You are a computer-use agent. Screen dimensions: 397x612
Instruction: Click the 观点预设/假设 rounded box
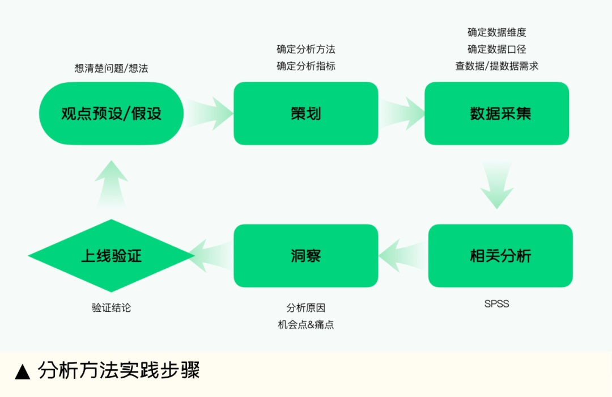click(111, 113)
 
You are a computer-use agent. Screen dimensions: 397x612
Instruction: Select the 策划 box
click(305, 113)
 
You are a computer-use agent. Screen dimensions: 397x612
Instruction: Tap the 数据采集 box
click(496, 113)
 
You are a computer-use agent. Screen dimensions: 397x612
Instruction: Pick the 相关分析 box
click(500, 256)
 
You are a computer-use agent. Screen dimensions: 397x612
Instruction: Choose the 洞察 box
click(305, 256)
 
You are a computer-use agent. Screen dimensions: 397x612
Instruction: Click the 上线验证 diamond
click(111, 256)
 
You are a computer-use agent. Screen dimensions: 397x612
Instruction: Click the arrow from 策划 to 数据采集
click(403, 113)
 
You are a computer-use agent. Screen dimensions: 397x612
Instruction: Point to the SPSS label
click(496, 304)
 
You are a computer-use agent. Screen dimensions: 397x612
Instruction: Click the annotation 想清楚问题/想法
click(111, 69)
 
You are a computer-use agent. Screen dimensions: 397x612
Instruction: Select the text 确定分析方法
click(305, 49)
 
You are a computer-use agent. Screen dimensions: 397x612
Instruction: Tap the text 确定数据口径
click(496, 49)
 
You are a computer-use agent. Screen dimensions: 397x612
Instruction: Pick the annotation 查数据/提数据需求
click(496, 66)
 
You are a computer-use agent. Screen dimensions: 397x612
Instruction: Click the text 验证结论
click(111, 308)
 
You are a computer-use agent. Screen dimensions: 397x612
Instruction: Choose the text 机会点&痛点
click(305, 326)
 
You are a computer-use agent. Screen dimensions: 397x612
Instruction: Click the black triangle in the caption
click(23, 372)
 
